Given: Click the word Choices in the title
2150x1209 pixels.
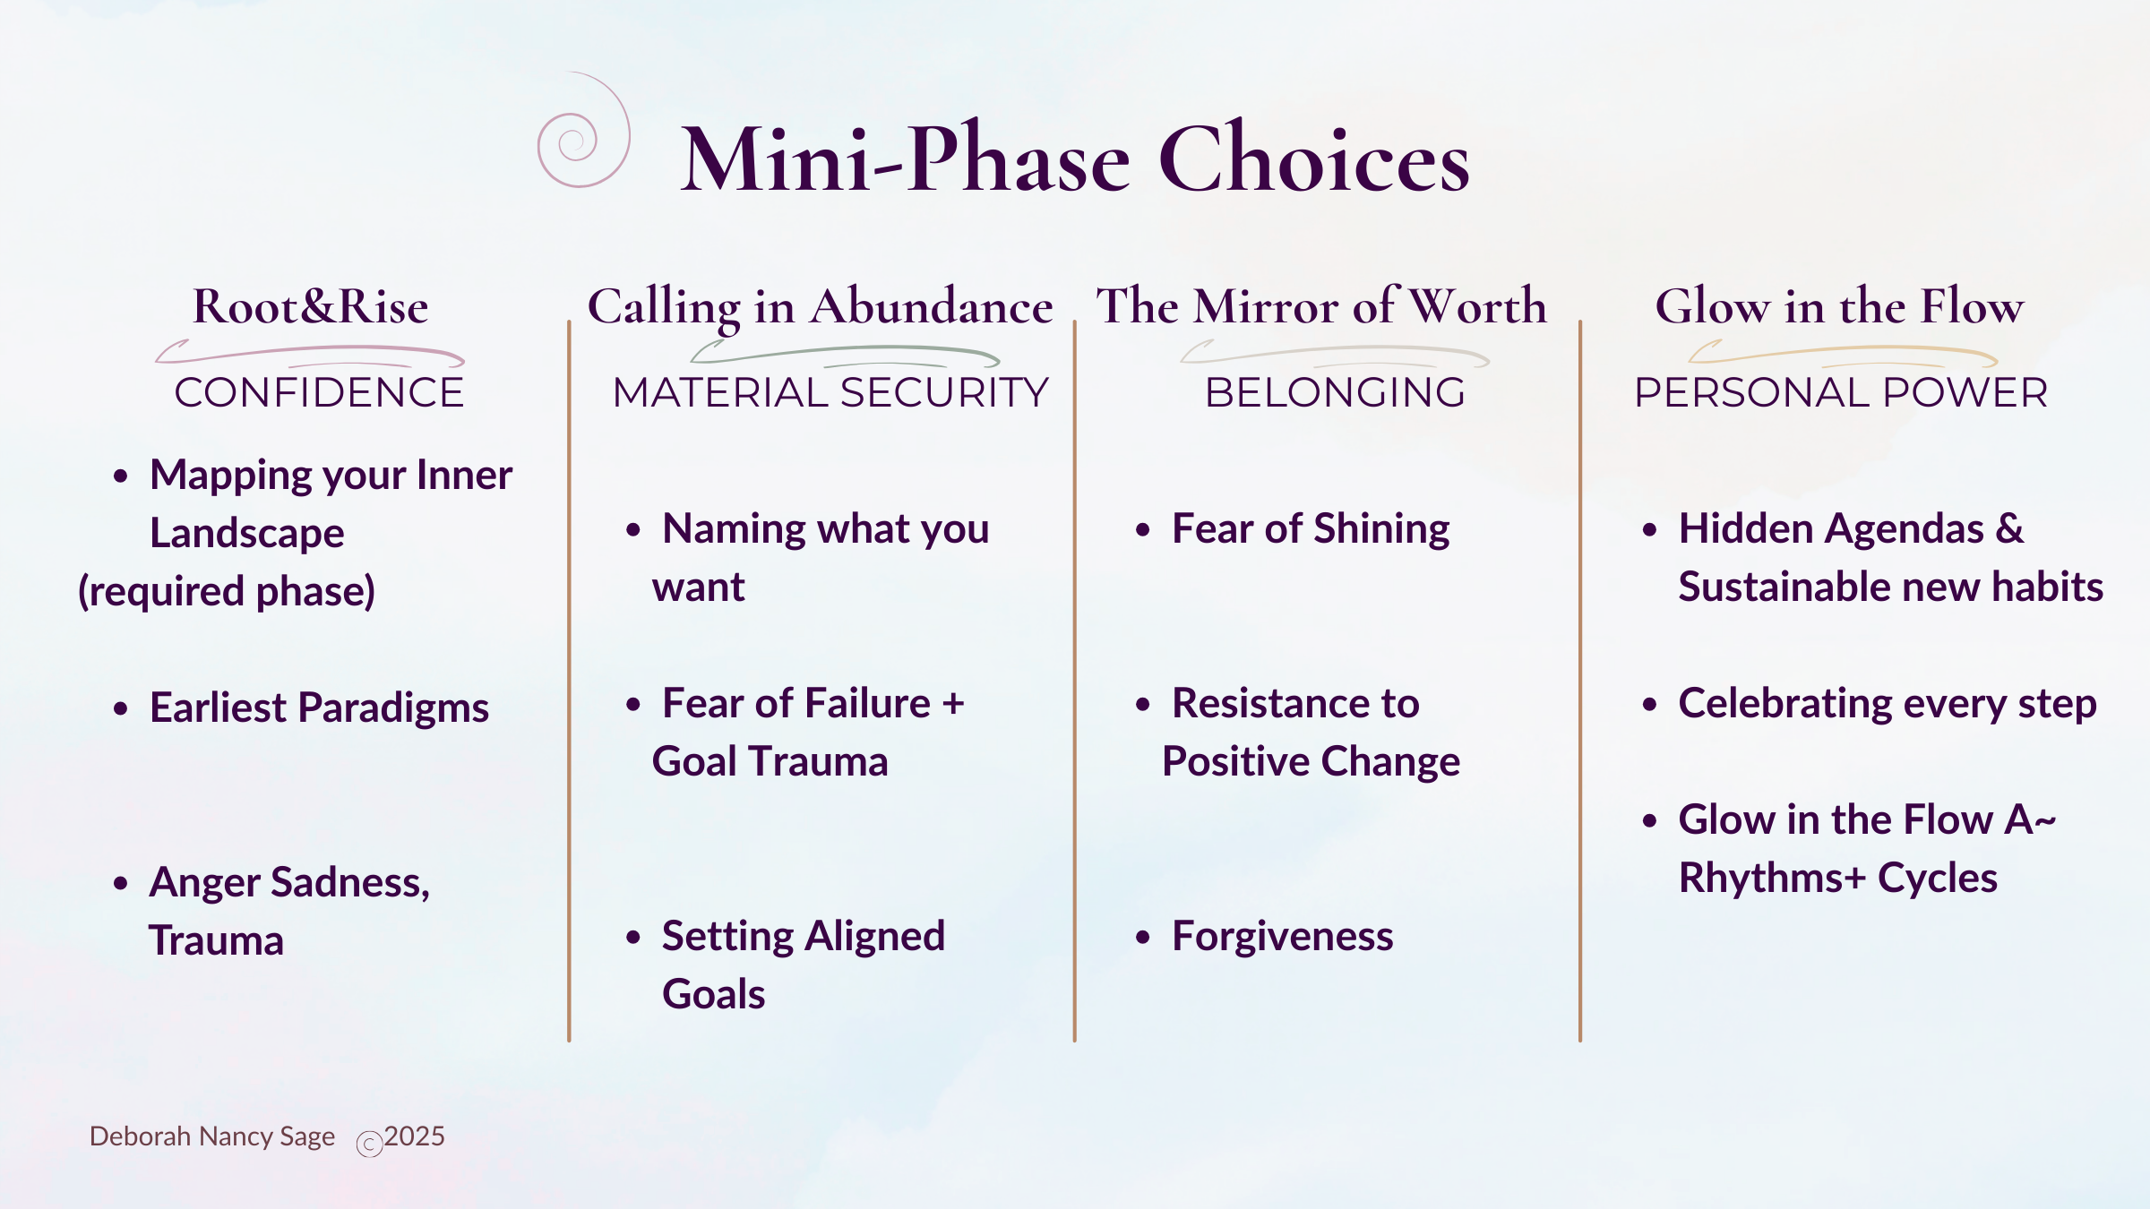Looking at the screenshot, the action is (1314, 159).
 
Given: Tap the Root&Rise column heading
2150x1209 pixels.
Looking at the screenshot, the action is (311, 307).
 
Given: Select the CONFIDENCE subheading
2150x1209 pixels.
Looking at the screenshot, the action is (319, 392).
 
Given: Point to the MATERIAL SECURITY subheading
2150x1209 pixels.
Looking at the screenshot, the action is (830, 392).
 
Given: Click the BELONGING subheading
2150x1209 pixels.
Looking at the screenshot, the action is (1335, 392).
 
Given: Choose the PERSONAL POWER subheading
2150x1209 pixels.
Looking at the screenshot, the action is (1841, 392).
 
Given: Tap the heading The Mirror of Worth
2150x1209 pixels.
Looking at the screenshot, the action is (1321, 306).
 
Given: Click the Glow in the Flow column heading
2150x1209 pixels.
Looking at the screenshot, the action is (1839, 306).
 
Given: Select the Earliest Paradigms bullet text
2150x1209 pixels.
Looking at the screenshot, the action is (319, 708).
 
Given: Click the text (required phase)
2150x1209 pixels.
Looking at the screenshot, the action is (227, 592).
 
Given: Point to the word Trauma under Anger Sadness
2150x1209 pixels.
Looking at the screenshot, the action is (216, 941).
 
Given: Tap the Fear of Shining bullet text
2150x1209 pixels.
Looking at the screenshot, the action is (1311, 529).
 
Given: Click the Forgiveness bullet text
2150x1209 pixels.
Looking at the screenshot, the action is (1283, 937).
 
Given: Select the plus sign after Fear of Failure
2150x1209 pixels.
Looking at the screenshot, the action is (953, 704).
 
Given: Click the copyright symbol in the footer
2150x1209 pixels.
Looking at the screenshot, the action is (369, 1145).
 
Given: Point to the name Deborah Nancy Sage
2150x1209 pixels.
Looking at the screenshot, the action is (212, 1136).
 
